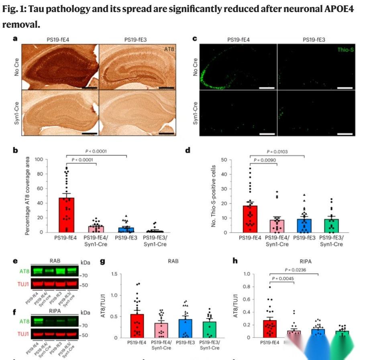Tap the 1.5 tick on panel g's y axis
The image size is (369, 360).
[118, 274]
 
